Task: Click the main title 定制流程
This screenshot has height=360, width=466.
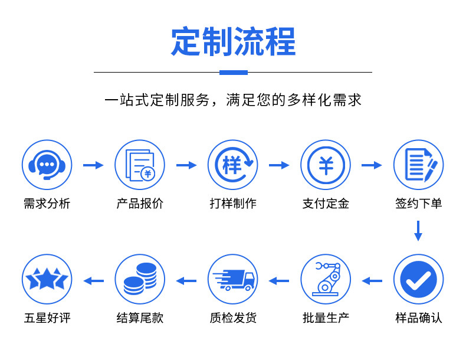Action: (x=234, y=41)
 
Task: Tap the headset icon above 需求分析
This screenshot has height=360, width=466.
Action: (x=47, y=165)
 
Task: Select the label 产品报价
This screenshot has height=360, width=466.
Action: (x=140, y=204)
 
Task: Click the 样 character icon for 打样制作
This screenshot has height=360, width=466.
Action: (x=232, y=165)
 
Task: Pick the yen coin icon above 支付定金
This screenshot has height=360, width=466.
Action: (x=326, y=165)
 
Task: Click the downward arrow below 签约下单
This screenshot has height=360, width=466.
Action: (x=418, y=231)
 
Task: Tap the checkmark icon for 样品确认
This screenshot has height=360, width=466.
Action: (x=418, y=279)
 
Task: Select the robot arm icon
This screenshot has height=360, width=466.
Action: (x=326, y=279)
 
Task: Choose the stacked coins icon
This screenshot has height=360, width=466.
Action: (x=140, y=279)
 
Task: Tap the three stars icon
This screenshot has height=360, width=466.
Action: (x=47, y=279)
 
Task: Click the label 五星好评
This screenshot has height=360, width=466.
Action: (x=47, y=318)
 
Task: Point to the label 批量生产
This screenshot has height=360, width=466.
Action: (x=326, y=318)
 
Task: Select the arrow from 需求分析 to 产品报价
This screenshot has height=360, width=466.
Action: (x=93, y=165)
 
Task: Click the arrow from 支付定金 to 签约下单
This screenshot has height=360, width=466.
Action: (x=372, y=165)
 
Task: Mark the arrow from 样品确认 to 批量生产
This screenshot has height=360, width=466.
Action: (x=372, y=281)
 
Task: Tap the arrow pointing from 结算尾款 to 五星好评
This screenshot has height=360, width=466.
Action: (x=94, y=281)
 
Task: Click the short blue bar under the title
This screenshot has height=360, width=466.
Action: (x=234, y=73)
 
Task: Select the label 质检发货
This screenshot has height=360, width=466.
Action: (x=233, y=318)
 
